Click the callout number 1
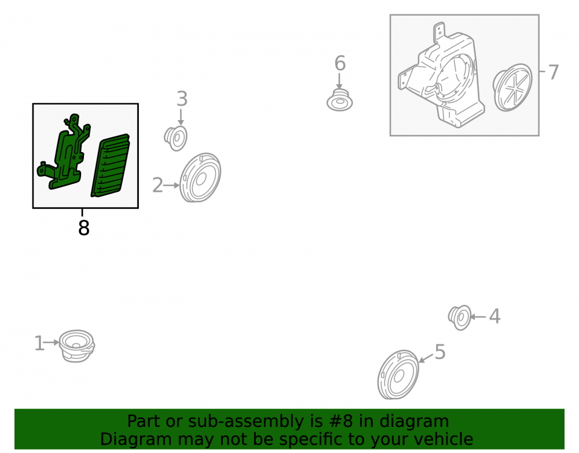pyautogui.click(x=39, y=343)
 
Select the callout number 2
pyautogui.click(x=157, y=185)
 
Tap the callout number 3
pyautogui.click(x=182, y=99)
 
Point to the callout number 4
pyautogui.click(x=495, y=317)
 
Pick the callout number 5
pyautogui.click(x=440, y=351)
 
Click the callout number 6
pyautogui.click(x=340, y=63)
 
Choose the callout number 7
pyautogui.click(x=553, y=72)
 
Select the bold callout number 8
pyautogui.click(x=84, y=228)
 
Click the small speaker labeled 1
pyautogui.click(x=77, y=346)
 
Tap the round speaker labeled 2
pyautogui.click(x=200, y=178)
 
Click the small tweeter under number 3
pyautogui.click(x=176, y=138)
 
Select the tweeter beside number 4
pyautogui.click(x=460, y=317)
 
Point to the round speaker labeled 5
pyautogui.click(x=398, y=375)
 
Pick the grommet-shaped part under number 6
pyautogui.click(x=340, y=100)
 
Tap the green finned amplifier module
pyautogui.click(x=111, y=165)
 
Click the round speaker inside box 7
pyautogui.click(x=512, y=87)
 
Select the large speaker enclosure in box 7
pyautogui.click(x=441, y=76)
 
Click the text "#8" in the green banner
pyautogui.click(x=338, y=421)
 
